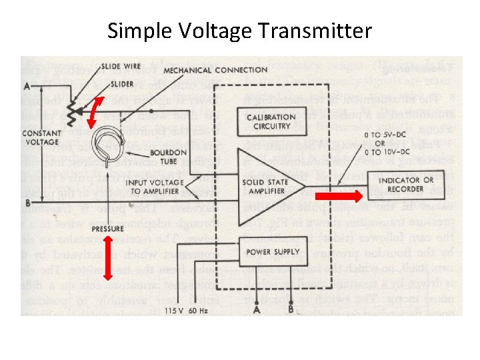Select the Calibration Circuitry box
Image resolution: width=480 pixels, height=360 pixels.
click(x=271, y=121)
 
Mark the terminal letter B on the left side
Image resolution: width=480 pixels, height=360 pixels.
click(x=27, y=202)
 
